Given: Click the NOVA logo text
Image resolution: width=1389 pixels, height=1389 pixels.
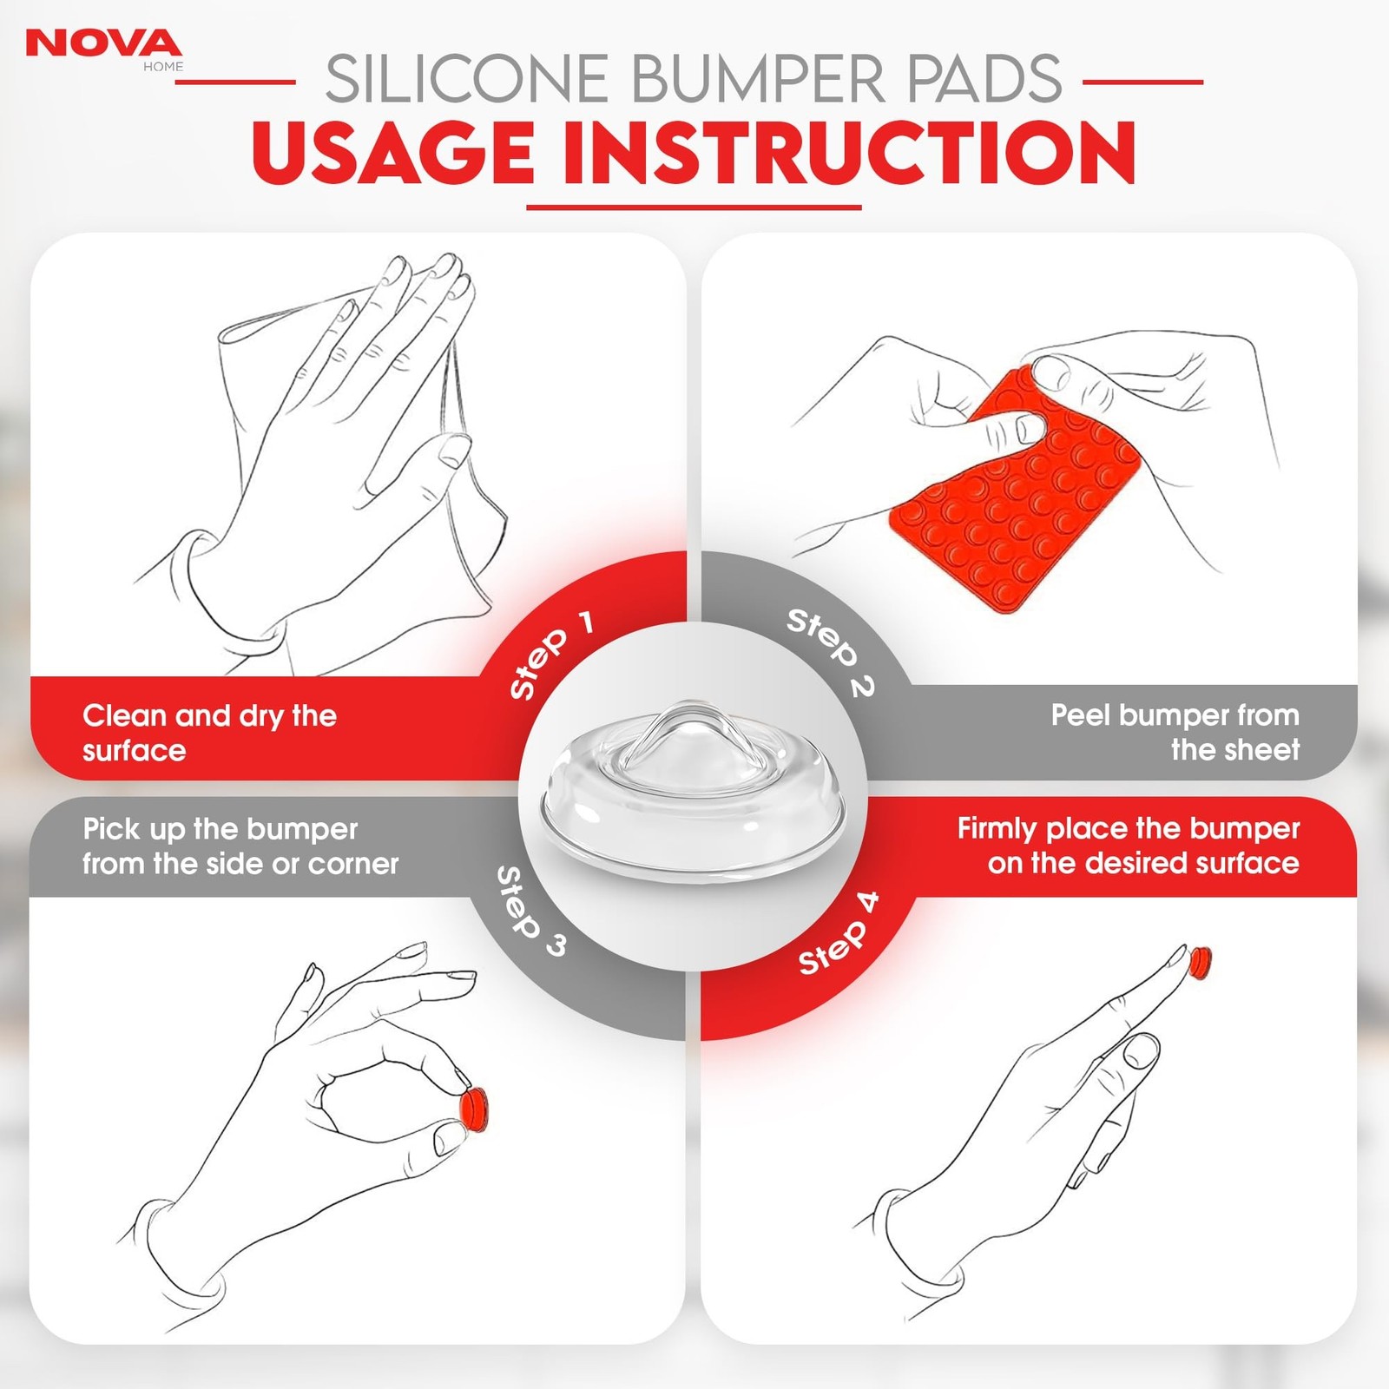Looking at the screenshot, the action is pyautogui.click(x=104, y=43).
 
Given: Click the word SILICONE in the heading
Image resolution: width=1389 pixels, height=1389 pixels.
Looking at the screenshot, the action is pyautogui.click(x=468, y=79).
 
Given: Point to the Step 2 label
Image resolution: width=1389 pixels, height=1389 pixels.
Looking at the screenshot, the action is pyautogui.click(x=831, y=652).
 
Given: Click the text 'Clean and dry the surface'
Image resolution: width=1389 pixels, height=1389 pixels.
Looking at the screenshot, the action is pyautogui.click(x=209, y=733).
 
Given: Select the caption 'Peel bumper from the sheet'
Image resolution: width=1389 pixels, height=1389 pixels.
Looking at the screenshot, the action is pyautogui.click(x=1175, y=732).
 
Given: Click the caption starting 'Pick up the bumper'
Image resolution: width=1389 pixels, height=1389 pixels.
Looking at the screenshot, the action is pyautogui.click(x=240, y=846).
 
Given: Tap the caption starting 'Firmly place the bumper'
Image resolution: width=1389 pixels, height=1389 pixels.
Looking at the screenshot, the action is pyautogui.click(x=1129, y=846).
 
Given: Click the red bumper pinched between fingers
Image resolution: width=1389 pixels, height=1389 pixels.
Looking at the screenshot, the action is pyautogui.click(x=474, y=1111).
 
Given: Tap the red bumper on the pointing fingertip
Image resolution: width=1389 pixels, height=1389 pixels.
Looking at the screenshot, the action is pyautogui.click(x=1200, y=961).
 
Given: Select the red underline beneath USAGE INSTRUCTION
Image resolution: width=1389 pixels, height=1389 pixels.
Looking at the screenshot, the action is pyautogui.click(x=694, y=207).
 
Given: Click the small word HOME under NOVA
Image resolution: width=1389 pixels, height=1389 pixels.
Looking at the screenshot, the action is pyautogui.click(x=163, y=67).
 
